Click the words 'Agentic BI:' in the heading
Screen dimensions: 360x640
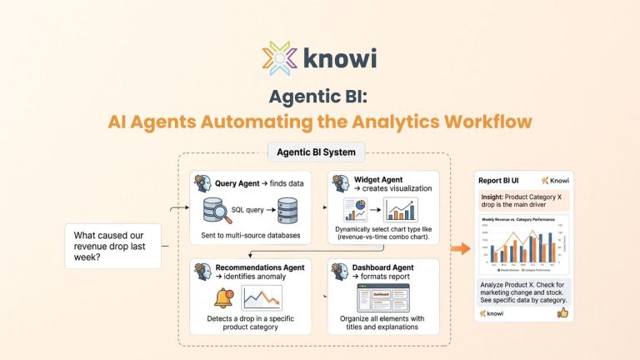click(x=320, y=95)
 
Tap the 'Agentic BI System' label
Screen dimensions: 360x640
click(x=316, y=152)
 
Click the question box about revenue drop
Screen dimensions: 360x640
click(x=112, y=245)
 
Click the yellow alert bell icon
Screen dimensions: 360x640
click(x=223, y=297)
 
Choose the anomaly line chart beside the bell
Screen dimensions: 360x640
click(x=261, y=297)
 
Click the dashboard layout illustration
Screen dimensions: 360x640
click(x=380, y=297)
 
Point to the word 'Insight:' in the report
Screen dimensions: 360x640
click(x=494, y=197)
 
